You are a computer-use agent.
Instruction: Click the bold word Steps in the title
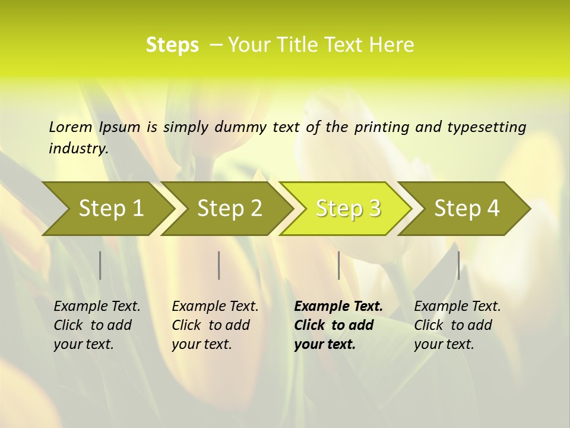pos(172,45)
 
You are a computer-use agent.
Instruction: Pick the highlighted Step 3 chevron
pos(348,208)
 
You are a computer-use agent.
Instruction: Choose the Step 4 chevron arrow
pos(467,208)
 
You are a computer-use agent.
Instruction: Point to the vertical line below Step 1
pos(100,265)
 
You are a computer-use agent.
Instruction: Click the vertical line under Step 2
pos(219,265)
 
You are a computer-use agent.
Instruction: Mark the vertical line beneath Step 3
pos(338,265)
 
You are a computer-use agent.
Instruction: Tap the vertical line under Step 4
pos(458,265)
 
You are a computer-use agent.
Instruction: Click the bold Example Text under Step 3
pos(338,307)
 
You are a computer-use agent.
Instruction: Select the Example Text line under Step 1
pos(97,307)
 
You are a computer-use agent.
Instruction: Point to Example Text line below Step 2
pos(215,307)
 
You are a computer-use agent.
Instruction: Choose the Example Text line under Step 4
pos(457,307)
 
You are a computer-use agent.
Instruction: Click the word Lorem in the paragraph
pos(71,127)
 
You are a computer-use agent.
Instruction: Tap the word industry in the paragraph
pos(78,149)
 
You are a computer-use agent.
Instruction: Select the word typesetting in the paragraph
pos(486,127)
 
